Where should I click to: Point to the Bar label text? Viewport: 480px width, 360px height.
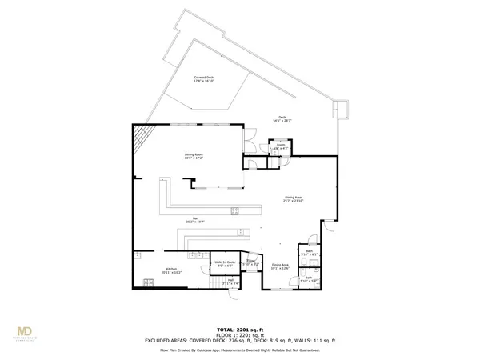pyautogui.click(x=190, y=219)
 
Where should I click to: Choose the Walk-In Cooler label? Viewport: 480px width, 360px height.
pyautogui.click(x=225, y=262)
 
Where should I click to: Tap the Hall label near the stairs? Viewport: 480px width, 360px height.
pyautogui.click(x=230, y=281)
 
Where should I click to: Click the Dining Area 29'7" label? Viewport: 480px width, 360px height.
pyautogui.click(x=293, y=198)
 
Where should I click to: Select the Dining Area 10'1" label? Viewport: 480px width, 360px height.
pyautogui.click(x=279, y=266)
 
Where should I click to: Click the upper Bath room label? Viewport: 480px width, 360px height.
pyautogui.click(x=309, y=254)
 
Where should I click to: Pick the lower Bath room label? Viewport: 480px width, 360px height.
pyautogui.click(x=309, y=280)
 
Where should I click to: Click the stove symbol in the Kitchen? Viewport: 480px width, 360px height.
pyautogui.click(x=148, y=282)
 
